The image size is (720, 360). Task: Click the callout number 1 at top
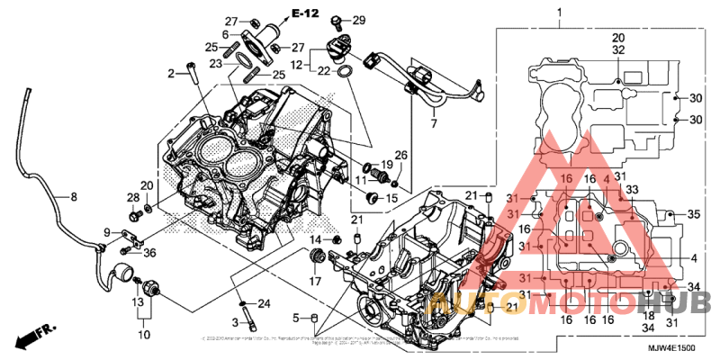558,12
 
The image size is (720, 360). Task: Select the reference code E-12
305,13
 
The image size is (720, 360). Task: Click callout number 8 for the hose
62,195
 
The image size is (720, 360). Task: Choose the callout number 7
433,123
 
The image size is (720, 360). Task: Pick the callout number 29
358,20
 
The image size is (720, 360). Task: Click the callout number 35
693,215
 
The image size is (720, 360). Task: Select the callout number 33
632,189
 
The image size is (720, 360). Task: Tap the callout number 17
316,281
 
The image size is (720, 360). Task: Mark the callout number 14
317,239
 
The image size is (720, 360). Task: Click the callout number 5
294,318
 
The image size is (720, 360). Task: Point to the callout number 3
234,321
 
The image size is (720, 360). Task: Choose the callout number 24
265,302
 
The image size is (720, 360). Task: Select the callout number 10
143,336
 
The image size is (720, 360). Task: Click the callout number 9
107,233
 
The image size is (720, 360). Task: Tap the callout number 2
170,72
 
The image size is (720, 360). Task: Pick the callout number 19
388,165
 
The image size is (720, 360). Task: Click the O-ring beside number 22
344,69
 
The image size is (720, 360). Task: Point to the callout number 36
149,252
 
